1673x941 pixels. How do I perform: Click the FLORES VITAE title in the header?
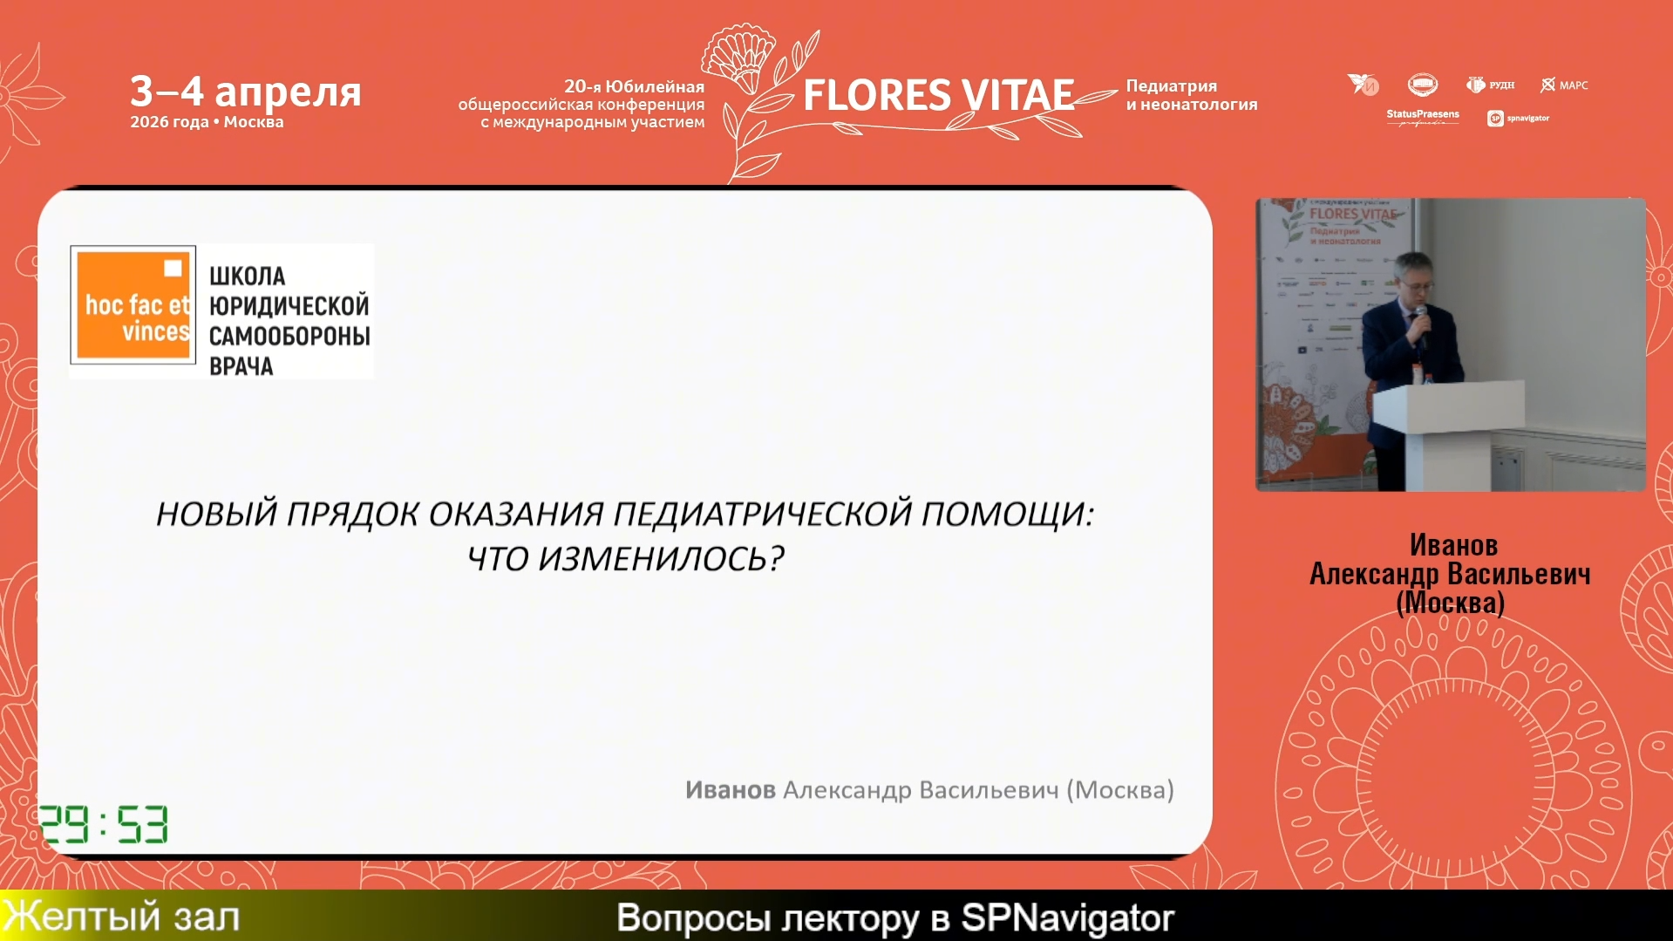coord(938,95)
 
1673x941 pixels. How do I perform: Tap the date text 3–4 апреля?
coord(245,91)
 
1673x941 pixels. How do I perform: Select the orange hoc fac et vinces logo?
coord(133,304)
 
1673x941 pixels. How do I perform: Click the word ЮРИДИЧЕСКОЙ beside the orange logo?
coord(289,306)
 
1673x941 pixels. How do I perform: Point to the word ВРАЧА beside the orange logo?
coord(241,366)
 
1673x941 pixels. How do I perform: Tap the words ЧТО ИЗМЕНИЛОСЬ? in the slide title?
coord(625,559)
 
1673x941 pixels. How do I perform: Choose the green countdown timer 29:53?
coord(104,824)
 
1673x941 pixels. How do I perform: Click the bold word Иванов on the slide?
coord(730,790)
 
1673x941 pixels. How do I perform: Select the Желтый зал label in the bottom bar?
coord(122,917)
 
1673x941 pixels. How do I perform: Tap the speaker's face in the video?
coord(1414,279)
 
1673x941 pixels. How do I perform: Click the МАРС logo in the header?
coord(1565,85)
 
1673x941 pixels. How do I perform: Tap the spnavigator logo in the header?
coord(1518,118)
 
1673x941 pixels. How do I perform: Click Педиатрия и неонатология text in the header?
coord(1191,95)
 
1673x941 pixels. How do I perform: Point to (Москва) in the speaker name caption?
coord(1450,603)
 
